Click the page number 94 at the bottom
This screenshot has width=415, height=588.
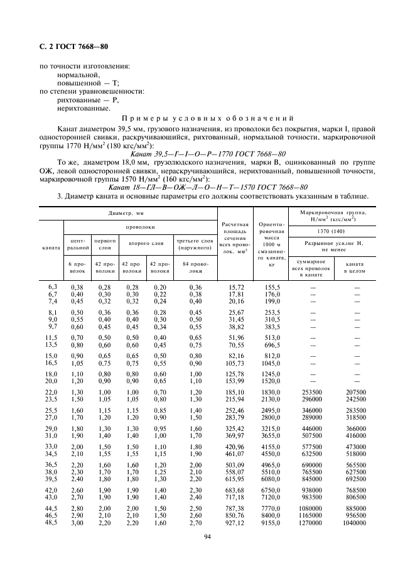tap(207, 535)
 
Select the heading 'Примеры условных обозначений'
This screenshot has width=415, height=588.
tap(207, 117)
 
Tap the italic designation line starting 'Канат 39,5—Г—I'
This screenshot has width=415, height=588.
tap(207, 153)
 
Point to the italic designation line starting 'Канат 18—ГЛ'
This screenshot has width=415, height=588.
tap(207, 187)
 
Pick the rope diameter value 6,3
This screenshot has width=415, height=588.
tap(53, 286)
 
